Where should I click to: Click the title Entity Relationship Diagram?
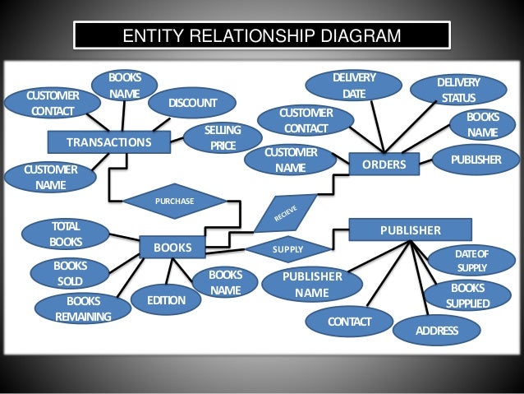(x=261, y=36)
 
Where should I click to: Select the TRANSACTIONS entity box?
(x=108, y=142)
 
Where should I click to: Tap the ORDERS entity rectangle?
(x=384, y=165)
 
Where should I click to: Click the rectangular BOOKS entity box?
(x=172, y=247)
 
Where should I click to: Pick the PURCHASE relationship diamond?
(x=174, y=201)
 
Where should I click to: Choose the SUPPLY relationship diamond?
(x=287, y=248)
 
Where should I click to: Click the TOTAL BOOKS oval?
(x=66, y=234)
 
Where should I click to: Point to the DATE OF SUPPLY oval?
(x=471, y=261)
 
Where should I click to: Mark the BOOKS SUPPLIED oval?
(x=467, y=296)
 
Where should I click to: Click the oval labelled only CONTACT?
(x=350, y=320)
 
